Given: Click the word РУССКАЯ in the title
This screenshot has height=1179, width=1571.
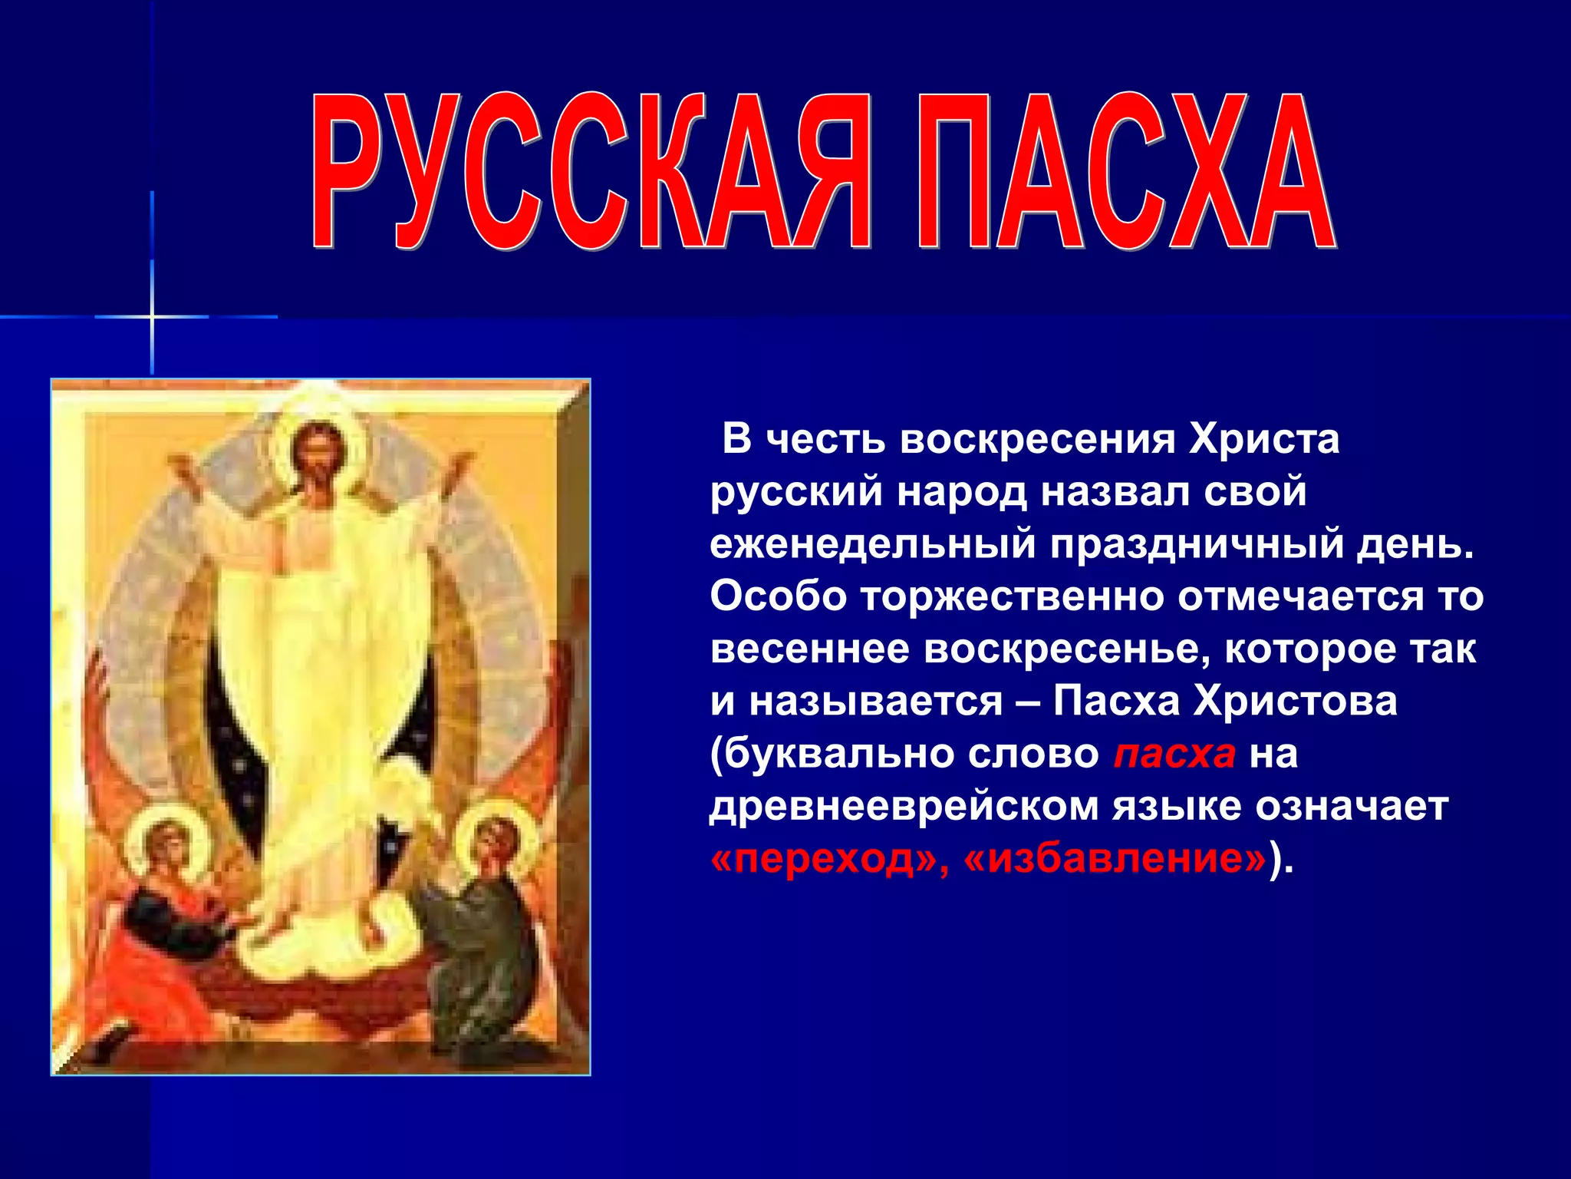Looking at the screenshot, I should [x=591, y=173].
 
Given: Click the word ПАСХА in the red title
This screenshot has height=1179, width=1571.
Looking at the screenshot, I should [x=1124, y=173].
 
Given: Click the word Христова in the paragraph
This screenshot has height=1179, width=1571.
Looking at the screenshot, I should [x=1296, y=701].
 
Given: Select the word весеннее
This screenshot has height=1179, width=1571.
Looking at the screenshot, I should [x=809, y=649].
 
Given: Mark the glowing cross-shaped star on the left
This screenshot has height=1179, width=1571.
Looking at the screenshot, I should [x=152, y=316].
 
